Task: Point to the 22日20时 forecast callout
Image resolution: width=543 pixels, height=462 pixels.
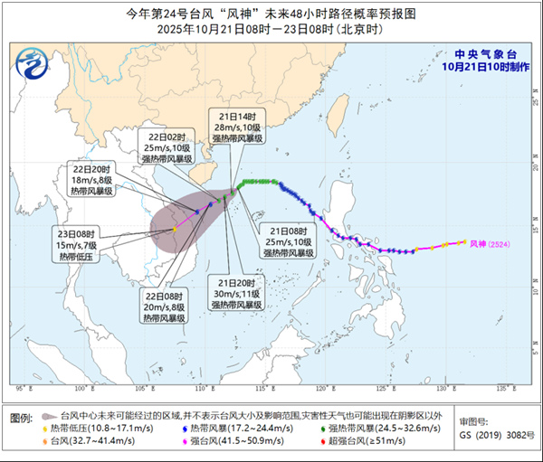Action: [93, 179]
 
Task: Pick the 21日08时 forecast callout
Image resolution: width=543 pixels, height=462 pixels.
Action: [289, 241]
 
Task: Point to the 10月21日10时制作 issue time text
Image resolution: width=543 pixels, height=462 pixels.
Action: [478, 66]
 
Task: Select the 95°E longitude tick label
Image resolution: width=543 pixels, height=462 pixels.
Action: [21, 390]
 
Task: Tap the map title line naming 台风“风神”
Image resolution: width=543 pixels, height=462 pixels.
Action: [271, 14]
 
